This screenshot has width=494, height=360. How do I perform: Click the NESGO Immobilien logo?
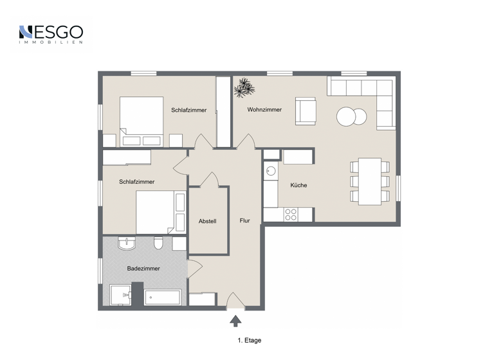[x=50, y=34]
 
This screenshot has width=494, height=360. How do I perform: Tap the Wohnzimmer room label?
[x=264, y=110]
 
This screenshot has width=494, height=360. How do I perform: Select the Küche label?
[x=298, y=185]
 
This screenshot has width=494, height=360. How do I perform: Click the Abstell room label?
[x=207, y=221]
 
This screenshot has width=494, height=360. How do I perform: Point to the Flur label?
[x=245, y=221]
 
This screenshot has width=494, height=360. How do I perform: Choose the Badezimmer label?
[x=143, y=269]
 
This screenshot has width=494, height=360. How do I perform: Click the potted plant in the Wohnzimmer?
[x=244, y=87]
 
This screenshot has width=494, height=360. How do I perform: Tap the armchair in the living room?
[x=305, y=111]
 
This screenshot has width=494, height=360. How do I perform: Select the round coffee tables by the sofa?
[x=351, y=116]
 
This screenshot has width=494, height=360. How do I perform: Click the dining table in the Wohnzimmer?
[x=370, y=181]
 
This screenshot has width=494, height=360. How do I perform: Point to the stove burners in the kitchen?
[x=291, y=214]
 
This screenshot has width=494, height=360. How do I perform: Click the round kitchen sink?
[x=271, y=172]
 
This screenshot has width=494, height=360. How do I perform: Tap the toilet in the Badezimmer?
[x=158, y=243]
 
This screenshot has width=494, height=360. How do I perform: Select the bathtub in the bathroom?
[x=163, y=297]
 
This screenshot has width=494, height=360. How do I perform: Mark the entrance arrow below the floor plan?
[x=236, y=319]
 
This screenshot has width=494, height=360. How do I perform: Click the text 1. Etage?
[x=249, y=341]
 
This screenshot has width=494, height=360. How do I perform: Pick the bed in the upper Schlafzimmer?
[x=142, y=121]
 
